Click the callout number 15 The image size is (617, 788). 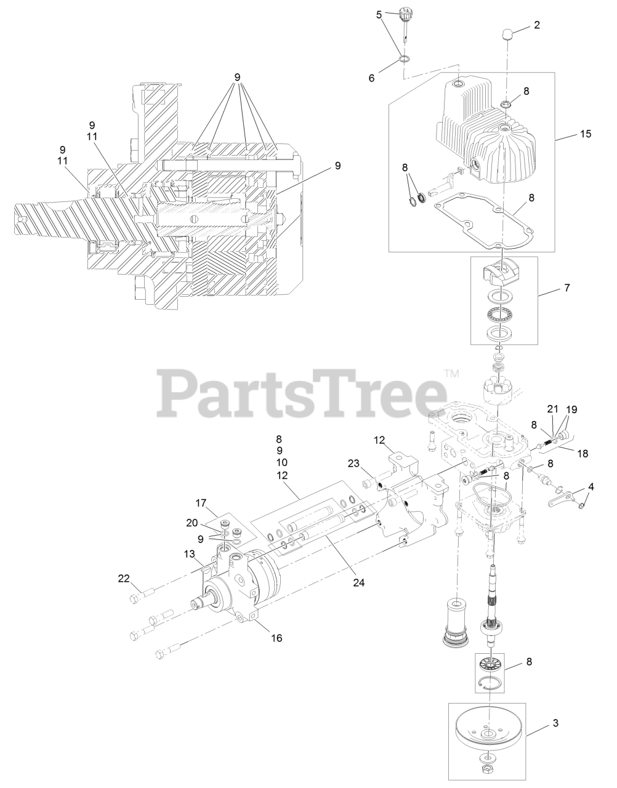(584, 134)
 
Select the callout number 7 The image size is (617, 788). (567, 287)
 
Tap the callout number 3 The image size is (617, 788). (555, 723)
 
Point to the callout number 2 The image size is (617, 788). (537, 25)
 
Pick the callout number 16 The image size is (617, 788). (277, 638)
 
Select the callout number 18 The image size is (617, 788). (582, 452)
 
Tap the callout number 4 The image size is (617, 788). (591, 487)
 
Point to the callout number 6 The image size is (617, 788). (371, 78)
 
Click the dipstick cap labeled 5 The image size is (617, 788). (405, 13)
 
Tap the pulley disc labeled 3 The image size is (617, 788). (486, 736)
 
